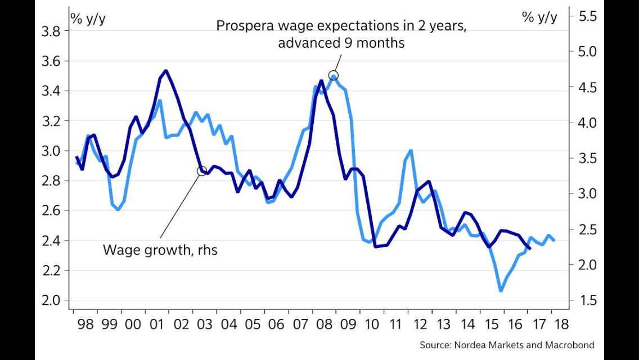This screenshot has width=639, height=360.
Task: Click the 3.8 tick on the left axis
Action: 51,31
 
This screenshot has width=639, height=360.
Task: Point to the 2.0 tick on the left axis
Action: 51,300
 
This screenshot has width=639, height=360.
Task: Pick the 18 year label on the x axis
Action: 561,325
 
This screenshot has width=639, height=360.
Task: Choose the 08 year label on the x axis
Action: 323,325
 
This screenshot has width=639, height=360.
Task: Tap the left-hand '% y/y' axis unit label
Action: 88,17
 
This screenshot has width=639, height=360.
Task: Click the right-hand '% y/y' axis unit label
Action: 539,17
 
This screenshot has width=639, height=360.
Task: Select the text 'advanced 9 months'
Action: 341,43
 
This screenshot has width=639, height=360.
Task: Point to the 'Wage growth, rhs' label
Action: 160,250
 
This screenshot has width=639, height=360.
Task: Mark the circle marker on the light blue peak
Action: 333,75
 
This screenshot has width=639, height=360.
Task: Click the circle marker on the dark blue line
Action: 202,170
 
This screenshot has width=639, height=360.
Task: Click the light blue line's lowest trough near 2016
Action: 500,290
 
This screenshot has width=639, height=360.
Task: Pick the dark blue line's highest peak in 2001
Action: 165,71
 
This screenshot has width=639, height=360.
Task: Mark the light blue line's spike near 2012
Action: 411,151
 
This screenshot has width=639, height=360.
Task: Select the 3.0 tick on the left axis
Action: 51,151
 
